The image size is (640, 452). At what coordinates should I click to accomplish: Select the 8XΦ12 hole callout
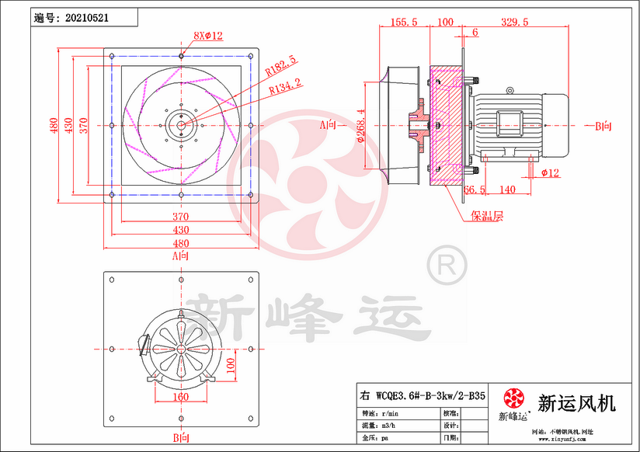tap(207, 36)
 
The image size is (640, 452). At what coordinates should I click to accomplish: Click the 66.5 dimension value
tap(475, 189)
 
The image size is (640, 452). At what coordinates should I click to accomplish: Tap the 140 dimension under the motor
tap(507, 189)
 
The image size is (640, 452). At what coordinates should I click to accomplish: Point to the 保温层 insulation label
tap(485, 217)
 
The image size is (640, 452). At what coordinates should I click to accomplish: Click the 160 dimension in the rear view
tap(179, 397)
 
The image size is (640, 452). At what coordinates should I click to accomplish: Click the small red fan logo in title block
tap(513, 399)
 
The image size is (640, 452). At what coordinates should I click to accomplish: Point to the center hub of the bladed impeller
tap(181, 125)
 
